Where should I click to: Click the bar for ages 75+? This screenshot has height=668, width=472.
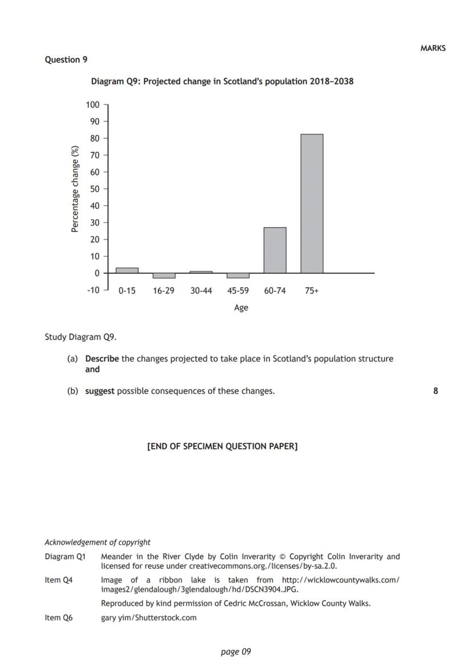click(312, 204)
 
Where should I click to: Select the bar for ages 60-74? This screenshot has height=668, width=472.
click(275, 250)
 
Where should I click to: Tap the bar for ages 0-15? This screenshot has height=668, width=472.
click(127, 270)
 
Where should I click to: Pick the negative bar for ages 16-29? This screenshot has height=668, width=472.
click(164, 276)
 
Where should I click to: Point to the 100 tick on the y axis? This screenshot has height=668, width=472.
click(92, 105)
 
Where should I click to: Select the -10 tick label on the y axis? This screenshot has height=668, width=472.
click(92, 290)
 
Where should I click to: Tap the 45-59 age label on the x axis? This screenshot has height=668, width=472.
click(238, 291)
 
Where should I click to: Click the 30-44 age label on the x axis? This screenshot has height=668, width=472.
click(201, 291)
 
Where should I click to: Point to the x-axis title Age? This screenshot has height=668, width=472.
click(241, 308)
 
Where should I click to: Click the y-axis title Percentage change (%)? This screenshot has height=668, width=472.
click(75, 189)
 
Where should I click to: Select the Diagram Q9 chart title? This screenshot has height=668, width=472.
click(222, 82)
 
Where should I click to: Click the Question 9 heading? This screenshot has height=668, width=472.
click(66, 60)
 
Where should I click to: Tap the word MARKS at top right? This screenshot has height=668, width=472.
click(433, 48)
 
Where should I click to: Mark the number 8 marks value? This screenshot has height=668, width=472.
click(436, 391)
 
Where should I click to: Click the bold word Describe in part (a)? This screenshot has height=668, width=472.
click(102, 359)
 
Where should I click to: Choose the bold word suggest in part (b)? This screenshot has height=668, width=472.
click(100, 391)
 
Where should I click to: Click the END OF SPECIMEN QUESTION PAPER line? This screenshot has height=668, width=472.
click(222, 446)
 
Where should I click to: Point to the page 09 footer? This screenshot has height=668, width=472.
click(235, 651)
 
